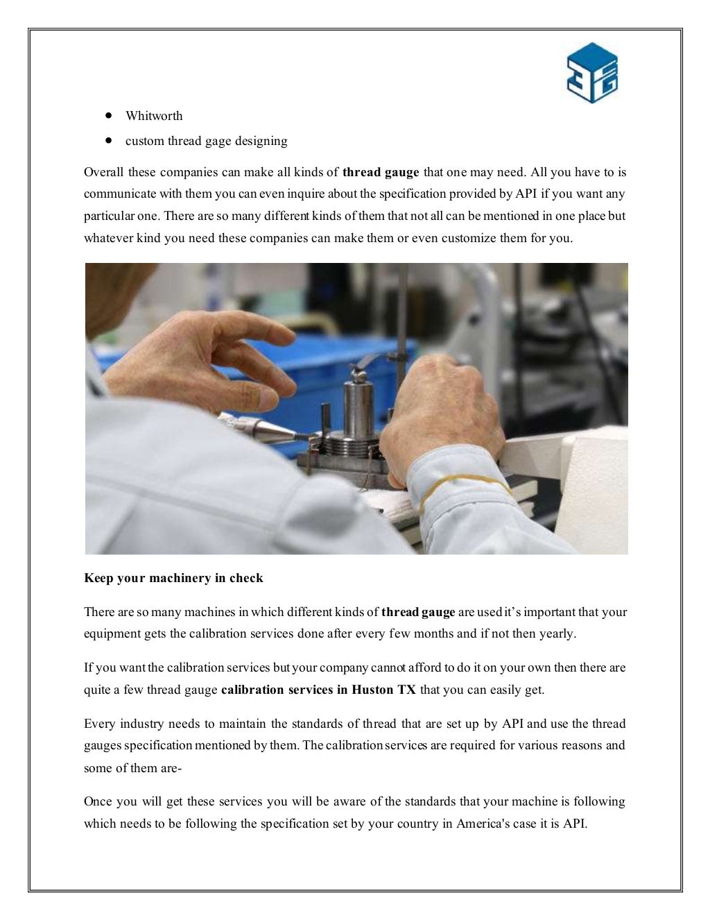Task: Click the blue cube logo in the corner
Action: pyautogui.click(x=591, y=73)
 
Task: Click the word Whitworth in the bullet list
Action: pyautogui.click(x=154, y=116)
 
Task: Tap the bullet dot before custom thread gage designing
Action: pyautogui.click(x=109, y=140)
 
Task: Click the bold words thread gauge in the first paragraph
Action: pyautogui.click(x=381, y=172)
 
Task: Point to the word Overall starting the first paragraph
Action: pyautogui.click(x=103, y=172)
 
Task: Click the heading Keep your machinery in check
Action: pyautogui.click(x=173, y=578)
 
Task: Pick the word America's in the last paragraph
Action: pyautogui.click(x=483, y=824)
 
